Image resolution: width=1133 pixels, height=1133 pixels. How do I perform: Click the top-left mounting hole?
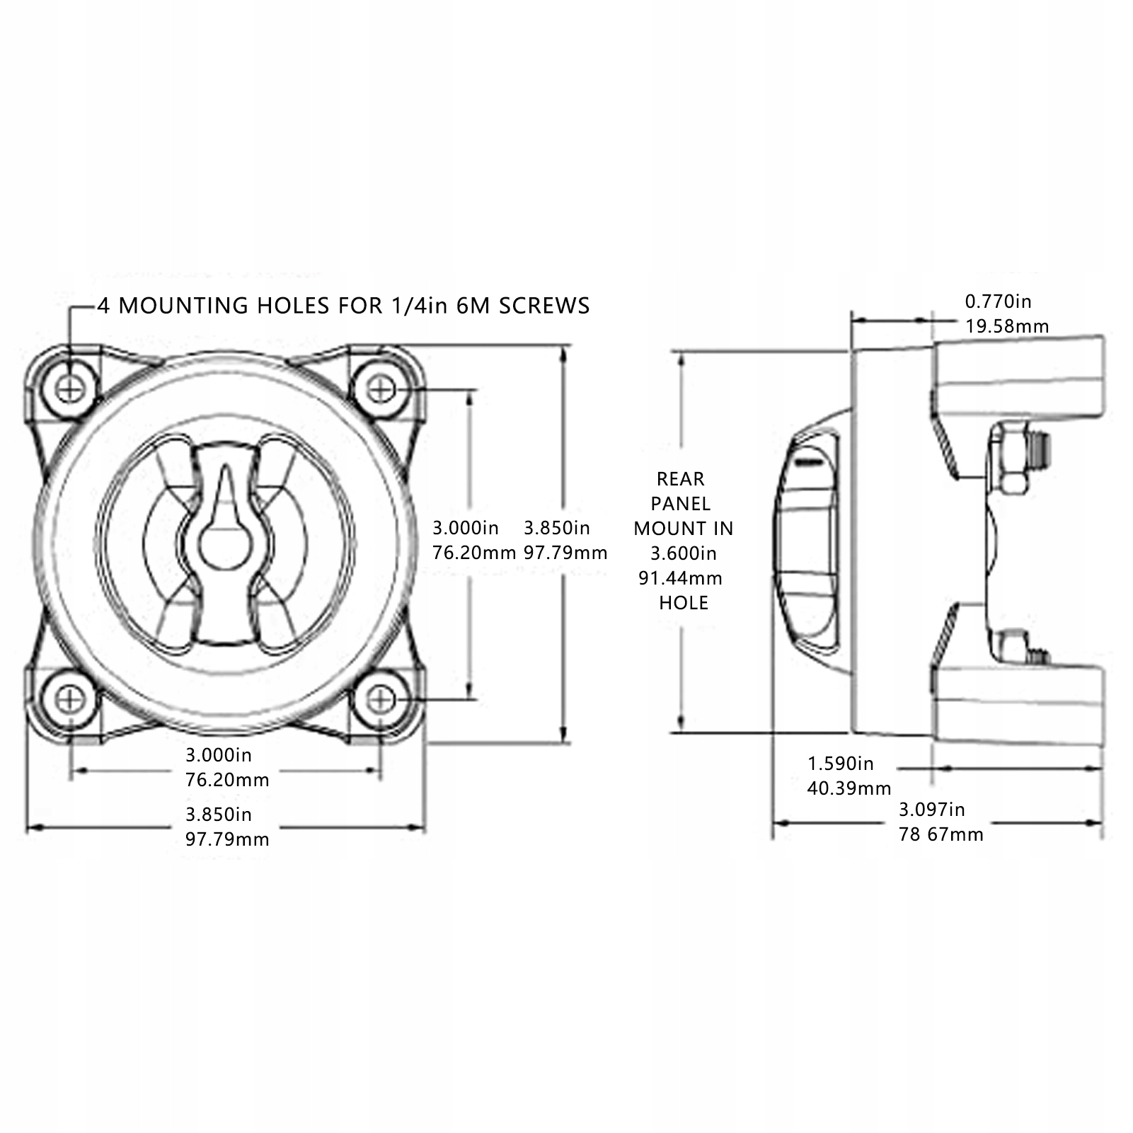[x=71, y=388]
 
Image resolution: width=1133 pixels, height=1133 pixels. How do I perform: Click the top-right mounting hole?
[x=382, y=389]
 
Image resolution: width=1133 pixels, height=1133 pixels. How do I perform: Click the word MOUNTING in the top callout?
[x=189, y=306]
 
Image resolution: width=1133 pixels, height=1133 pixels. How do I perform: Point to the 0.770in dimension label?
[x=998, y=301]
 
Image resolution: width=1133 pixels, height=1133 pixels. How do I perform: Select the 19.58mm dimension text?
[x=1006, y=326]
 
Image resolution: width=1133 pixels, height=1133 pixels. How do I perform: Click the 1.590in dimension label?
[x=841, y=764]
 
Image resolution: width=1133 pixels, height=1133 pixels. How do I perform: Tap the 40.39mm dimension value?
[x=849, y=788]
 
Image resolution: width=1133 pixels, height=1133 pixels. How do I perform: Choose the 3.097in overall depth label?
[x=931, y=809]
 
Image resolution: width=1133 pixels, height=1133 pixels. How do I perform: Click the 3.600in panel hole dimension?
[x=683, y=553]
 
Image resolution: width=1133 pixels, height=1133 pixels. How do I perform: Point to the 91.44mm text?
[x=680, y=578]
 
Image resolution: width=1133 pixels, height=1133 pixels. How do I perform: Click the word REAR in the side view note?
[x=680, y=479]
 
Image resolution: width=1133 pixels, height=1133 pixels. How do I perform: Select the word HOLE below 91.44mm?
[x=683, y=603]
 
